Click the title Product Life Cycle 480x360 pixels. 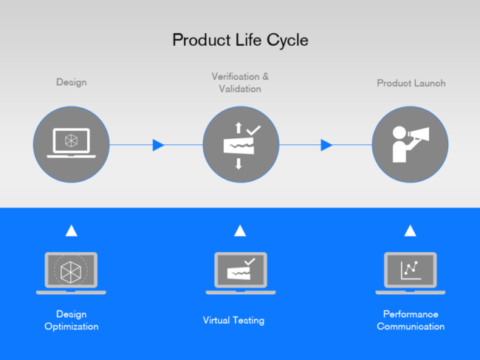(x=240, y=40)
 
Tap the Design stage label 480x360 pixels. (x=72, y=82)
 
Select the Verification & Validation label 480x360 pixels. (x=240, y=82)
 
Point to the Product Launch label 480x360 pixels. (x=411, y=84)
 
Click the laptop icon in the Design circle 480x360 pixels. (x=72, y=143)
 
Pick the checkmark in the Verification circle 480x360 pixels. (x=253, y=130)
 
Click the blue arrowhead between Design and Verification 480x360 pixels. (x=158, y=145)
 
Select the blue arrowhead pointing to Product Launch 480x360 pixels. (x=326, y=145)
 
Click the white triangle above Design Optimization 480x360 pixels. (x=72, y=231)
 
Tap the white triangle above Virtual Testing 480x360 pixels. (x=240, y=231)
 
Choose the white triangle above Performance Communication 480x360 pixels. (x=411, y=231)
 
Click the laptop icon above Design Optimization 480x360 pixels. (x=71, y=273)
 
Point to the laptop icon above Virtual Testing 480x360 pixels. (x=240, y=273)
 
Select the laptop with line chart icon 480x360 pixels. (x=411, y=273)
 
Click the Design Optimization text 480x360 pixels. (x=71, y=320)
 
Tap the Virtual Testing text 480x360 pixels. (x=233, y=321)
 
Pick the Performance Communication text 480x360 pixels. (x=411, y=320)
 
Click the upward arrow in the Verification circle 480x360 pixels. (x=238, y=128)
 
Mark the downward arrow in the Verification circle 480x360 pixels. (x=238, y=164)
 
